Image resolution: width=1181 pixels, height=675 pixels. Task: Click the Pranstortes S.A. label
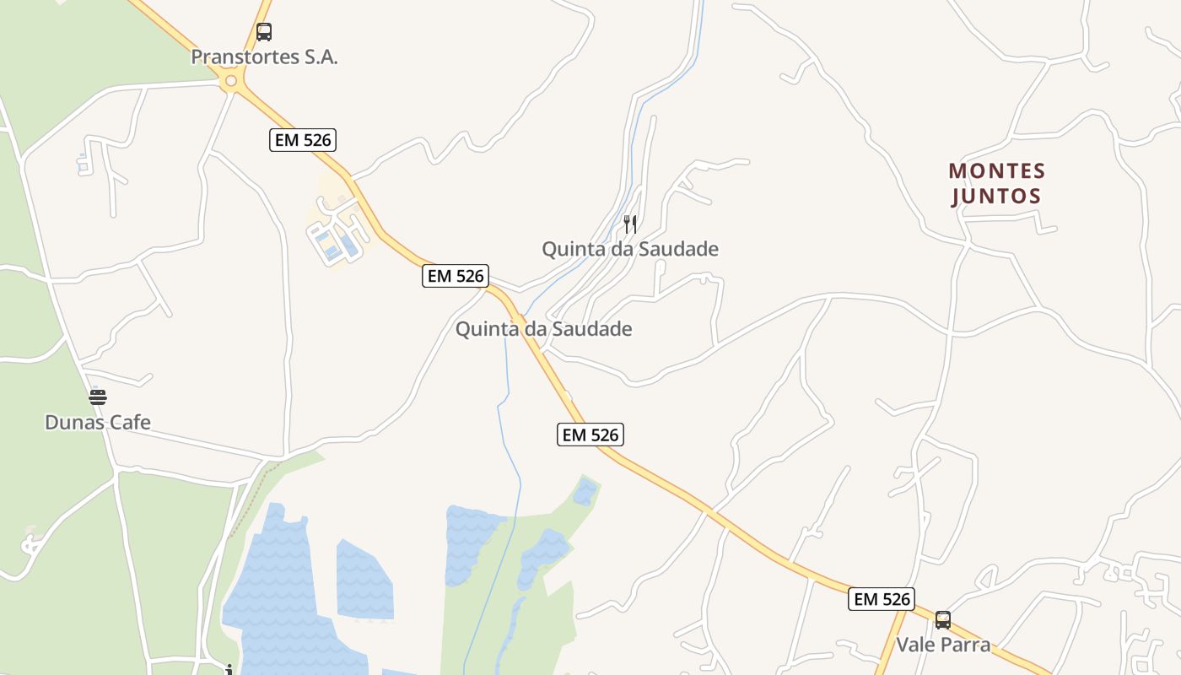(x=264, y=57)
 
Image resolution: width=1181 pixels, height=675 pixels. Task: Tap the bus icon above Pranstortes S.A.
(x=264, y=32)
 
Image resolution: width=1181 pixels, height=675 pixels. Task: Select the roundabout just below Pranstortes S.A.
(x=230, y=81)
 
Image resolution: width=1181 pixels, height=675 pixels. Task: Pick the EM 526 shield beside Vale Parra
(x=882, y=599)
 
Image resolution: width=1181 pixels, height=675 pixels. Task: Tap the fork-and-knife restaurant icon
(x=629, y=224)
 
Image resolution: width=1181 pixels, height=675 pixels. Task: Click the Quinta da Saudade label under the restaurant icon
(x=629, y=249)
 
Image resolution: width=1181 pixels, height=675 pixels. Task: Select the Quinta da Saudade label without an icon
(x=543, y=329)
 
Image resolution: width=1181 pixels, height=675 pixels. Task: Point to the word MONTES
(x=996, y=171)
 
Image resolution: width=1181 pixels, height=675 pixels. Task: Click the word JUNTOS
(x=996, y=197)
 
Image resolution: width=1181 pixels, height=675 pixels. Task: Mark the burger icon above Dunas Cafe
(x=98, y=396)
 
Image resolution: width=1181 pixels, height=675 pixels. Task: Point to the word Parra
(x=964, y=645)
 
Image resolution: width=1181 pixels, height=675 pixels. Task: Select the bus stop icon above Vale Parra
(x=942, y=620)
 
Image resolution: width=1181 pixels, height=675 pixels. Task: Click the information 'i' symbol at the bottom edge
(x=229, y=670)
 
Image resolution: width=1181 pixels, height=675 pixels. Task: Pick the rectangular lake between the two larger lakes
(x=364, y=580)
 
